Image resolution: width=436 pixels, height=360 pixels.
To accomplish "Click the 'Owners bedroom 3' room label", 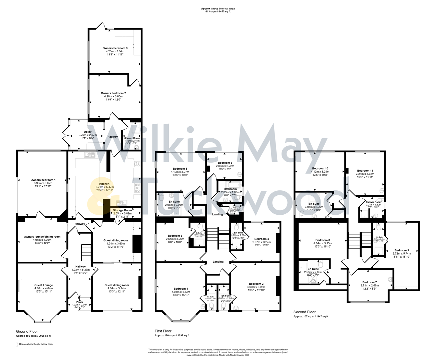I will (x=115, y=48).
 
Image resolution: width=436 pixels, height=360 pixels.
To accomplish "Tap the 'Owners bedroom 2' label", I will (x=113, y=93).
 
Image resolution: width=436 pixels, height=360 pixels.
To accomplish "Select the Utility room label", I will (x=87, y=132).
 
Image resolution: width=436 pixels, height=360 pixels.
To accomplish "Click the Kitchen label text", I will (x=104, y=184).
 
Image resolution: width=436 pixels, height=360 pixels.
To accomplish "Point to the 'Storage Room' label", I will (x=122, y=210).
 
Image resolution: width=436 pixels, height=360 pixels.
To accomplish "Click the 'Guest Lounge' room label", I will (x=43, y=285).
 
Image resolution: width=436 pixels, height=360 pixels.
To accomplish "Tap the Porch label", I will (x=79, y=302).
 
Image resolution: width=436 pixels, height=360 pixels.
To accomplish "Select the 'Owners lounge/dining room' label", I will (x=42, y=237).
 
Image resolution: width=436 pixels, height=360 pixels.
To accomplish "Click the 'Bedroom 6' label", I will (x=225, y=163).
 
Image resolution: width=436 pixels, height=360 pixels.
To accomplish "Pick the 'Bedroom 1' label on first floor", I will (x=180, y=289).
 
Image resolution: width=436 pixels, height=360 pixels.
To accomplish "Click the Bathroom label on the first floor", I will (x=230, y=189).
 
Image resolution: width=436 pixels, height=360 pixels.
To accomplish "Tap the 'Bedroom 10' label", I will (x=320, y=169).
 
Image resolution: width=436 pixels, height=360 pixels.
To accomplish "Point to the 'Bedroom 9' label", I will (x=401, y=250).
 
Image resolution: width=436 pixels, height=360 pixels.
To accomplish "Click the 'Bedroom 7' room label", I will (x=369, y=282).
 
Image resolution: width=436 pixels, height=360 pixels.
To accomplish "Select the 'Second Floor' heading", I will (x=304, y=312).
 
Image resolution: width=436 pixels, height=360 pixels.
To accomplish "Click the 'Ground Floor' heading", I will (x=27, y=332).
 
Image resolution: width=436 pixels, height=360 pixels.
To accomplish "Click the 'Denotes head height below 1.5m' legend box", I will (x=17, y=344).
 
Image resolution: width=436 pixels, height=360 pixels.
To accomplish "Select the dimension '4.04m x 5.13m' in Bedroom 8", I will (x=322, y=243).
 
